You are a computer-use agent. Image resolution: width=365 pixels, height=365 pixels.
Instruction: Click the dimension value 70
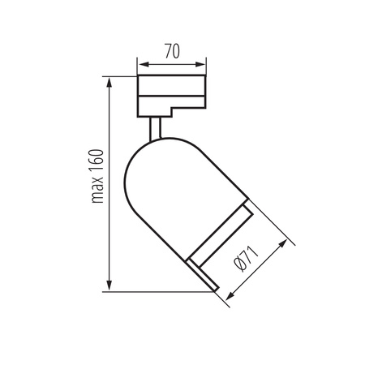point(171,49)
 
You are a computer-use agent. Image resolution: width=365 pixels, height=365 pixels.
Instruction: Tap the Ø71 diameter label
point(248,261)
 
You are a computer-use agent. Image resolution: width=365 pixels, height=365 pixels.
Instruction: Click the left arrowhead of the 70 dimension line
point(140,64)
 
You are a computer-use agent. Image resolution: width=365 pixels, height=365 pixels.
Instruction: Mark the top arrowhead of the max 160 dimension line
point(109,80)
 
